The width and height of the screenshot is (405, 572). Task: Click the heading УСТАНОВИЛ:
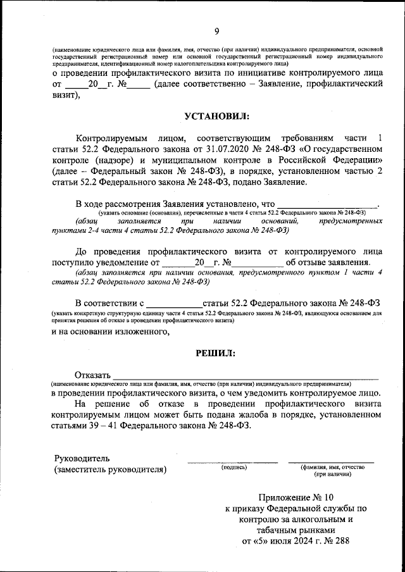217,116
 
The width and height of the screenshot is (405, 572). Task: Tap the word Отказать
93,374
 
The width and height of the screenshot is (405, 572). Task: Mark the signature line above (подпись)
232,461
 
